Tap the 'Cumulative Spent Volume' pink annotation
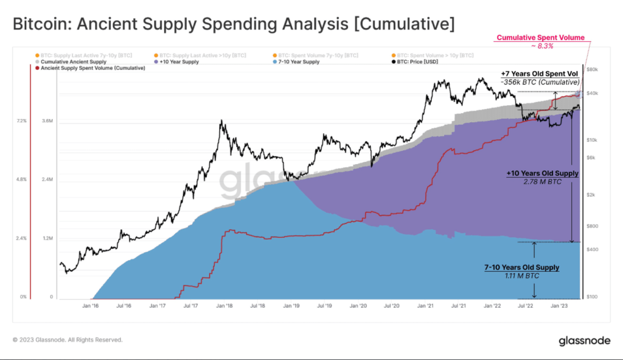[540, 38]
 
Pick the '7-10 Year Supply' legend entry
[298, 61]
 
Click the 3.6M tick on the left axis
[47, 121]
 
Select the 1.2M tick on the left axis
[47, 238]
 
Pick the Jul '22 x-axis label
[524, 306]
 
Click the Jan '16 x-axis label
[91, 306]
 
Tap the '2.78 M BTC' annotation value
[542, 181]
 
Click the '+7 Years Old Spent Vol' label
[540, 73]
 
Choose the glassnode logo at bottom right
[584, 342]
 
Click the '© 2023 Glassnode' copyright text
[68, 339]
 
